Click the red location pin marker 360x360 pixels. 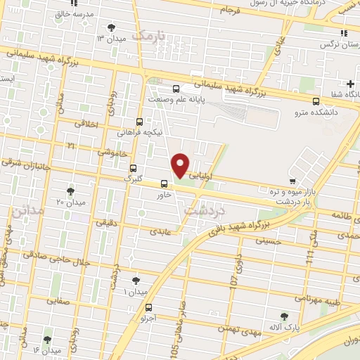(181, 165)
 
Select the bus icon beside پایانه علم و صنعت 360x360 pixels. (176, 89)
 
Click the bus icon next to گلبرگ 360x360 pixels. (133, 168)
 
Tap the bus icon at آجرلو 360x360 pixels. (148, 307)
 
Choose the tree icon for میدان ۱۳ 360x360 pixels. (111, 28)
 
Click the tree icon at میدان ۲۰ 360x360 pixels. (70, 191)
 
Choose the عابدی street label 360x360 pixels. (160, 231)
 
